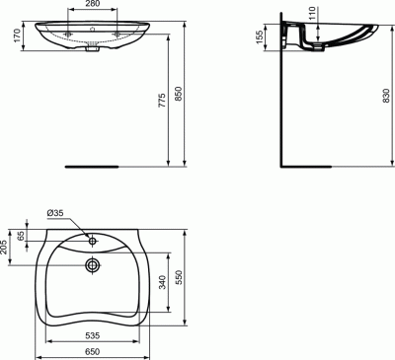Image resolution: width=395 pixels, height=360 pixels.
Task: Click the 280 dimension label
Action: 93,4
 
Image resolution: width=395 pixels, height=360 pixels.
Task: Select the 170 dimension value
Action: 17,36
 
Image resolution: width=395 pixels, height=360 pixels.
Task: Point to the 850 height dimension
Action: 178,94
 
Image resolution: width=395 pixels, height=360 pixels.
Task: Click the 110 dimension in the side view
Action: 312,13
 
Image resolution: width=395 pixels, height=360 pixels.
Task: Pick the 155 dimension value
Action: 260,36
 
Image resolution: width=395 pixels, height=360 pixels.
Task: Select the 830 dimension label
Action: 386,96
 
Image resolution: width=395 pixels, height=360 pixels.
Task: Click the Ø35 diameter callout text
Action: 55,213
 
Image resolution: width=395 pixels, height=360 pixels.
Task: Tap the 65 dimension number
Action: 21,236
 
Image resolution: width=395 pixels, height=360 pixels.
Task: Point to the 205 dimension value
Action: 4,247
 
